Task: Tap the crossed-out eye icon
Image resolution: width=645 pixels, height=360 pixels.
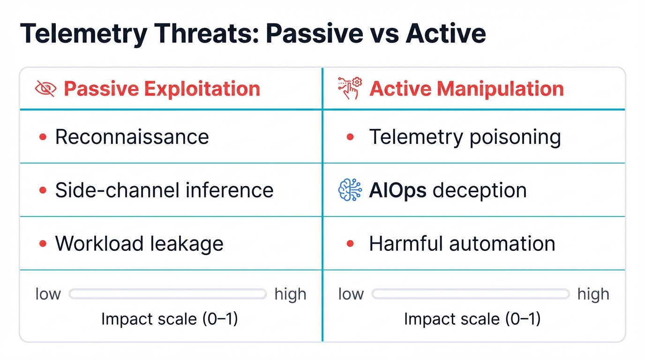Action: tap(46, 89)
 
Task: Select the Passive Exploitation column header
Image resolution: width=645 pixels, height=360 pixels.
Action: tap(162, 89)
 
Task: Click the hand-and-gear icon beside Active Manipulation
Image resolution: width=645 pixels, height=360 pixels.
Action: tap(350, 89)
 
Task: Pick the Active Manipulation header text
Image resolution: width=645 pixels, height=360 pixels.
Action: tap(466, 89)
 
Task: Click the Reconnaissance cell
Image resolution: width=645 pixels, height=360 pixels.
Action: tap(132, 137)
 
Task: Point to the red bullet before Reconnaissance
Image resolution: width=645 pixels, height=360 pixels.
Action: tap(43, 137)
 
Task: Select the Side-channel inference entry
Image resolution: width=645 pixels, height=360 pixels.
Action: tap(164, 190)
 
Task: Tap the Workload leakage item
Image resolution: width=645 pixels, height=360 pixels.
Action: tap(139, 244)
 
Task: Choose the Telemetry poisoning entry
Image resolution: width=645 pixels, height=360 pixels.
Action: tap(465, 137)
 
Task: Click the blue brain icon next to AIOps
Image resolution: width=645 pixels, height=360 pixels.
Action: tap(350, 190)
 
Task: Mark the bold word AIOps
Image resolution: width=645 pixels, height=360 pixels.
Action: tap(397, 190)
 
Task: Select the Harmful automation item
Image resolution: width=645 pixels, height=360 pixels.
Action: tap(462, 244)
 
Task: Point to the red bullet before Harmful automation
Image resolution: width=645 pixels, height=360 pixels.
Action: tap(349, 244)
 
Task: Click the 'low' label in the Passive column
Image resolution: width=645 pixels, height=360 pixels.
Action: tap(48, 294)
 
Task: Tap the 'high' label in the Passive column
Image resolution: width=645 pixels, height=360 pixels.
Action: tap(290, 294)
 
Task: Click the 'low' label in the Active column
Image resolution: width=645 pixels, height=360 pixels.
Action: tap(351, 294)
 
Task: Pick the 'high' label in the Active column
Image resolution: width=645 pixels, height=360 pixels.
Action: tap(593, 294)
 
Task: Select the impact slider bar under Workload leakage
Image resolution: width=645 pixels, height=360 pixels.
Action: tap(168, 294)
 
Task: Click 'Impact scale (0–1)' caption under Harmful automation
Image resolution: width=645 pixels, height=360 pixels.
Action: tap(472, 319)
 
